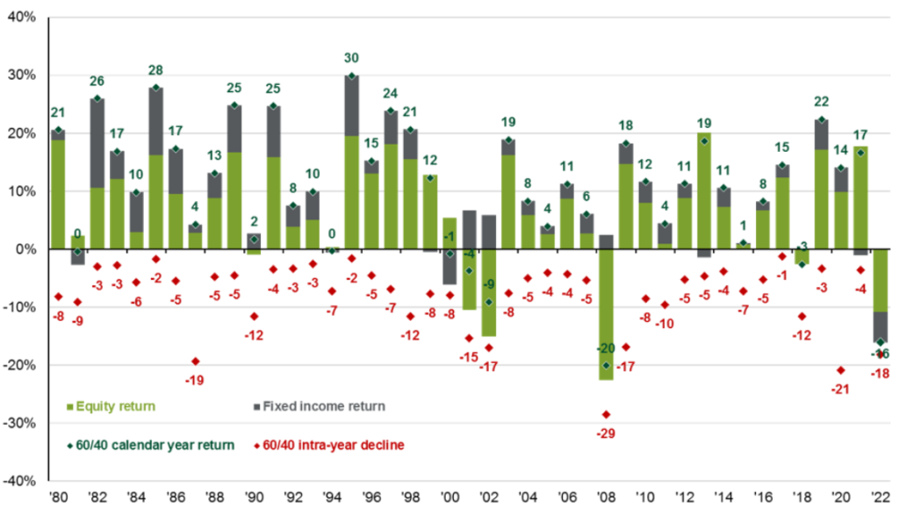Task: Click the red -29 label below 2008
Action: (x=605, y=434)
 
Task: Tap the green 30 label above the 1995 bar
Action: (x=351, y=60)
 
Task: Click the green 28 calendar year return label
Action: (x=156, y=70)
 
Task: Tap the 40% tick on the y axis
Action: (x=24, y=18)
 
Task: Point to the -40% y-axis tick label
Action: (x=21, y=481)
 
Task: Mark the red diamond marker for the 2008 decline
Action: (x=605, y=414)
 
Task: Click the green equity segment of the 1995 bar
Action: (x=351, y=192)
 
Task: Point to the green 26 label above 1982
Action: (x=97, y=82)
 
